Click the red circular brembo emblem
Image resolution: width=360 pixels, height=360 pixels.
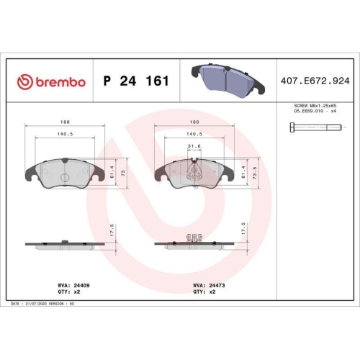(25, 81)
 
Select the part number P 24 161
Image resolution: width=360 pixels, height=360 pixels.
(137, 81)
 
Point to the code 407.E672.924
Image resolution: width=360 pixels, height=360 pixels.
(314, 81)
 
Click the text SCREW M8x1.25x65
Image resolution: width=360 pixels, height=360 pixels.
(314, 106)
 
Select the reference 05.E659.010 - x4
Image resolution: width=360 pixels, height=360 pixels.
(314, 112)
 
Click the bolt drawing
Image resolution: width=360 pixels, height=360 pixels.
(314, 127)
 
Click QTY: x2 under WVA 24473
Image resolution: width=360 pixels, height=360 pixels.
(203, 292)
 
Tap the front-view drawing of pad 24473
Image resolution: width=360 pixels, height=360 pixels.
(192, 173)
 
